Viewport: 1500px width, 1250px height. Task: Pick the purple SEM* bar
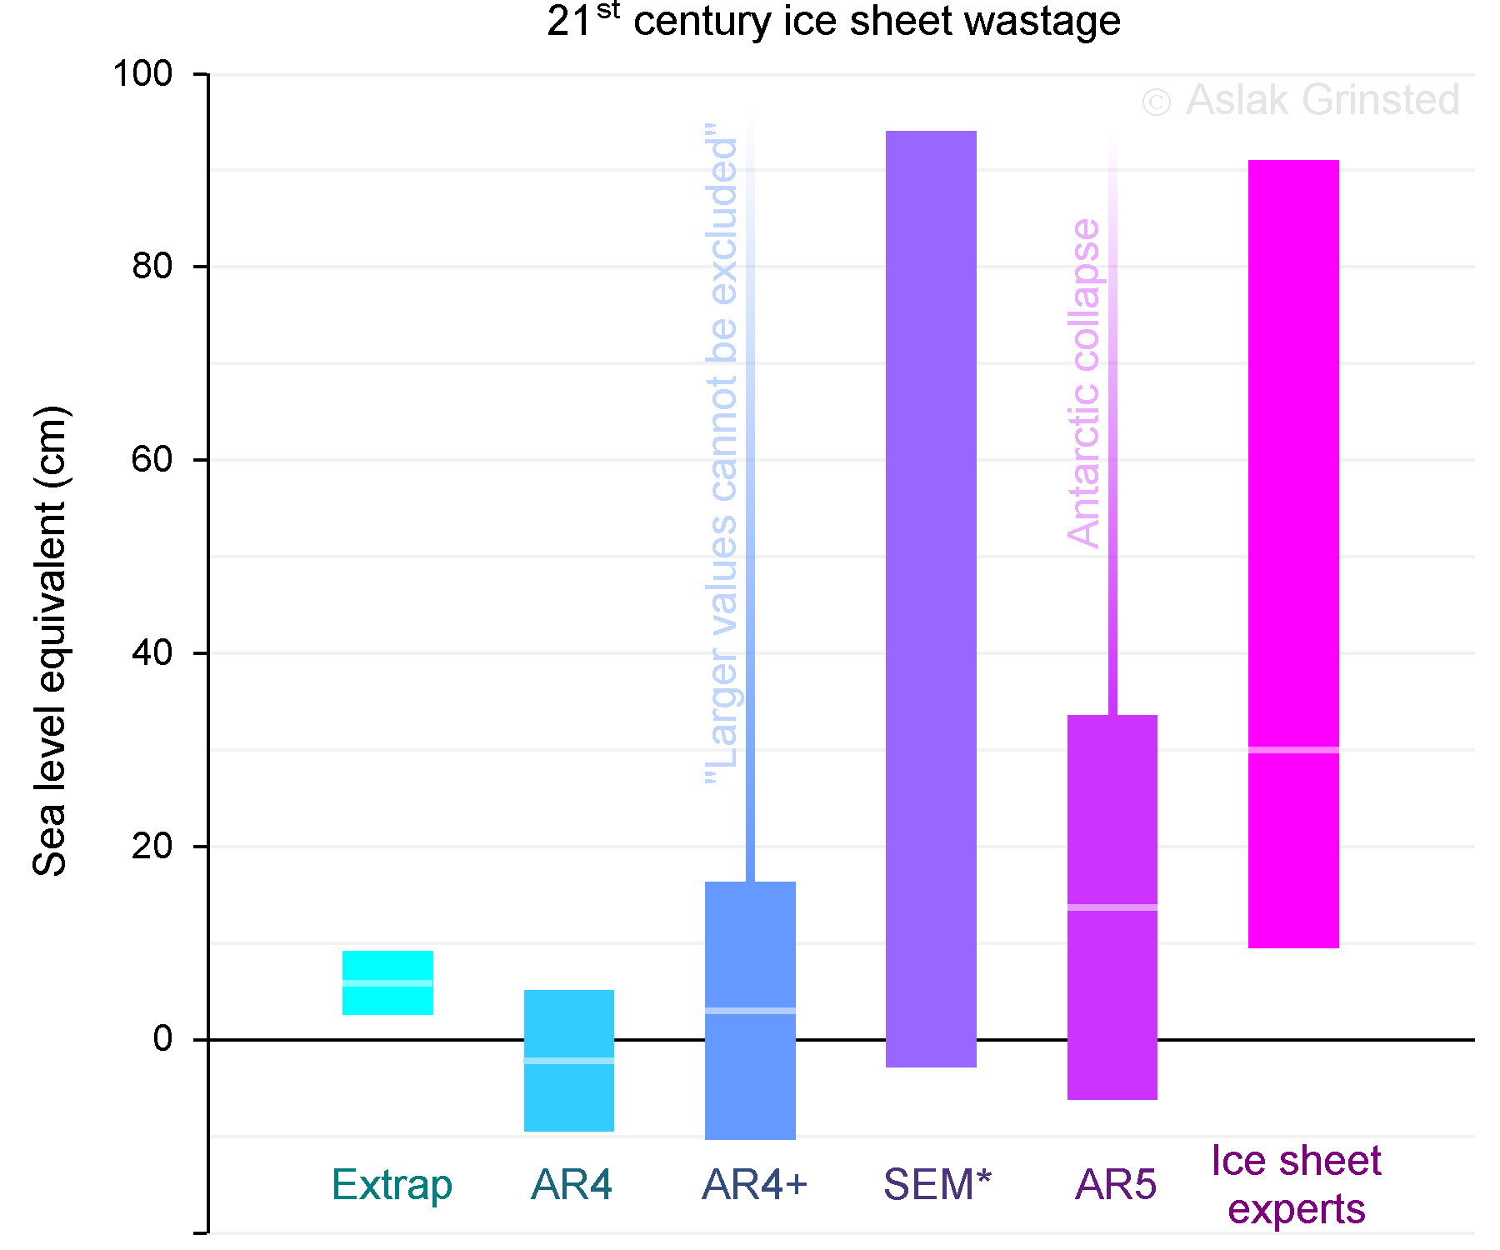931,583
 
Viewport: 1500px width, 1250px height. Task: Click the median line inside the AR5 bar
1112,907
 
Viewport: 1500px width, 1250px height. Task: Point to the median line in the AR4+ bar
750,1011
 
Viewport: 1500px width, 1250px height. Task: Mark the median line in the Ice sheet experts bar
1293,750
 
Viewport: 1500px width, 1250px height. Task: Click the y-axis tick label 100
142,73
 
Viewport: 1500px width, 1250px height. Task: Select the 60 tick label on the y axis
152,459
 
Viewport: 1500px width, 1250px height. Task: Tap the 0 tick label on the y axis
162,1038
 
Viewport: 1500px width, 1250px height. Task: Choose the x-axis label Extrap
392,1184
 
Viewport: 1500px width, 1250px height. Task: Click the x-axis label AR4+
755,1184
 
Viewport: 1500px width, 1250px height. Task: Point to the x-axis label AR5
1116,1184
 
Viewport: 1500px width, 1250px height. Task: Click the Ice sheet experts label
1297,1184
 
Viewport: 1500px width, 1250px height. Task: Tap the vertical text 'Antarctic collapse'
1083,383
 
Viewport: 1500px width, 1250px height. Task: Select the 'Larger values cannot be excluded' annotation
722,454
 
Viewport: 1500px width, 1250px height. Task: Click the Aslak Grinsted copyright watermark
1300,101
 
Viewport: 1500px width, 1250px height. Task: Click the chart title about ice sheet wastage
833,22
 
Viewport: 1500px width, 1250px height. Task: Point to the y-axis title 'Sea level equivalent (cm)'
50,642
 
